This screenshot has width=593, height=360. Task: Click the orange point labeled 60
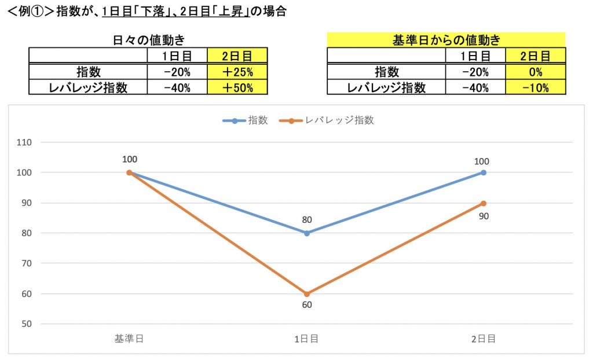pos(307,293)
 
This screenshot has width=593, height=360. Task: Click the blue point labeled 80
pos(307,233)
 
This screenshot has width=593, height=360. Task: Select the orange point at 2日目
pos(484,203)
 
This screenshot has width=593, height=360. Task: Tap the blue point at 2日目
pos(484,172)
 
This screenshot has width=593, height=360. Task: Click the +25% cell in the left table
pos(237,72)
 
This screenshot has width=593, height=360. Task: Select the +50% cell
pos(237,87)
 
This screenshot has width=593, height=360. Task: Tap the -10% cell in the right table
pos(535,87)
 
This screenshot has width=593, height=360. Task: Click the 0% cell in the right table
pos(535,72)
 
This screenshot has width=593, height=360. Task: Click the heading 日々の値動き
pos(148,40)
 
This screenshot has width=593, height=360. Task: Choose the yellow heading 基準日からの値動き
pos(446,40)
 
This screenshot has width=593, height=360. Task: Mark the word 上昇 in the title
pos(234,11)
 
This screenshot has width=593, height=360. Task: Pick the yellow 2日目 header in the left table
pos(237,56)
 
